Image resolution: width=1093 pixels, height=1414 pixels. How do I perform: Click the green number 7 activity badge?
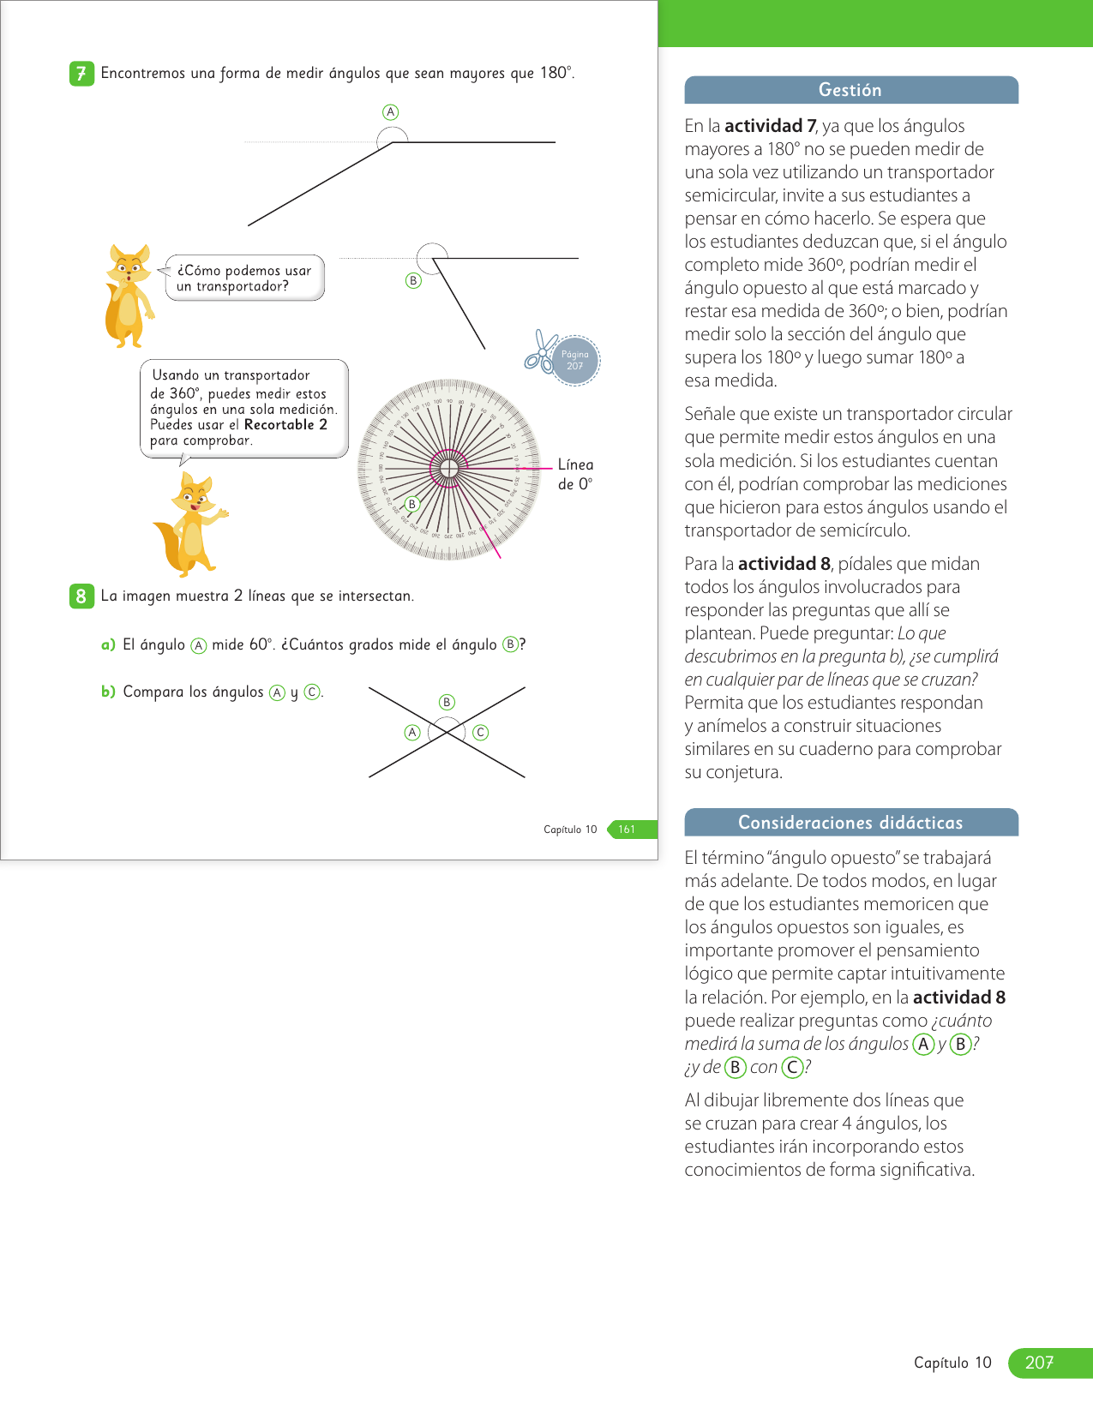pyautogui.click(x=81, y=74)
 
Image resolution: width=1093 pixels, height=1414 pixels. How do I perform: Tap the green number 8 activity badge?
pyautogui.click(x=81, y=596)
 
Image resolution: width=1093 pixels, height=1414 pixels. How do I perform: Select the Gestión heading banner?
pyautogui.click(x=850, y=90)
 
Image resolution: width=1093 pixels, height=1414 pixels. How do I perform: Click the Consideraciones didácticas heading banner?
pyautogui.click(x=850, y=823)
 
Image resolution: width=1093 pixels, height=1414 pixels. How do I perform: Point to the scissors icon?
pyautogui.click(x=540, y=352)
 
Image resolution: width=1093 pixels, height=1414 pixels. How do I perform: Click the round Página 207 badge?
pyautogui.click(x=575, y=360)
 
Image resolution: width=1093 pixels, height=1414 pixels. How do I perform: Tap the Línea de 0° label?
pyautogui.click(x=575, y=474)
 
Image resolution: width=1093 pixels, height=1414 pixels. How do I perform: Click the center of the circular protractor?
pyautogui.click(x=448, y=469)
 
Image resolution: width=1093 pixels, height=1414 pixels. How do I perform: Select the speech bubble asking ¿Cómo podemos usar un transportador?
pyautogui.click(x=244, y=278)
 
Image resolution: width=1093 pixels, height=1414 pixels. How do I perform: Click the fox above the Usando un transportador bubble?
pyautogui.click(x=128, y=295)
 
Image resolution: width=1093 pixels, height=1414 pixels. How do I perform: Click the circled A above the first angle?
pyautogui.click(x=391, y=112)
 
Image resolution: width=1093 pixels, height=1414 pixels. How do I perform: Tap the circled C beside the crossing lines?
pyautogui.click(x=481, y=733)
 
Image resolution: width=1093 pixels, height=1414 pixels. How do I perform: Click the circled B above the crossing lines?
pyautogui.click(x=447, y=703)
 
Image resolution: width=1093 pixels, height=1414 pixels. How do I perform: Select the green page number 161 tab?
pyautogui.click(x=630, y=830)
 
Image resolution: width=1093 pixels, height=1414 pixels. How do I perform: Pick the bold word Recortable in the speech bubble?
pyautogui.click(x=279, y=425)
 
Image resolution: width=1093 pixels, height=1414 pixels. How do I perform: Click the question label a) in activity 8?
pyautogui.click(x=108, y=644)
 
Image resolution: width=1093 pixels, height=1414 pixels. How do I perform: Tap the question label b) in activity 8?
pyautogui.click(x=108, y=692)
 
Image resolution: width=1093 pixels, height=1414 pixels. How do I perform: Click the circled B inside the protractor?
pyautogui.click(x=412, y=505)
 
